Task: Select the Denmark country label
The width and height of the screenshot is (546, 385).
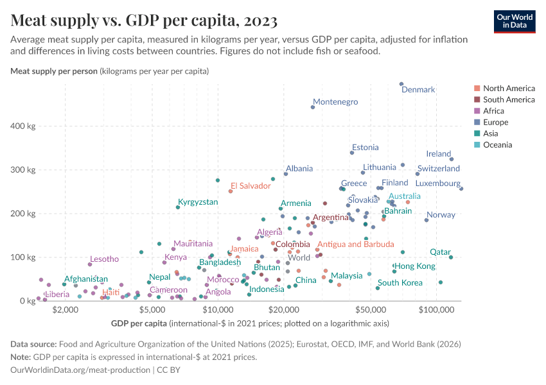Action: coord(418,90)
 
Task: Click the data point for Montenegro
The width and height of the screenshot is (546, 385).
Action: coord(313,107)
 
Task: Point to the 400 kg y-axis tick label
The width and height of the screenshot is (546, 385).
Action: coord(22,126)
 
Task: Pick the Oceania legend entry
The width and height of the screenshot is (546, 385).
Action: coord(497,145)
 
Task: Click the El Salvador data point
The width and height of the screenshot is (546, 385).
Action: coord(231,191)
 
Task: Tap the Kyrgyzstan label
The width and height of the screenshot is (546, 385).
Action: coord(198,202)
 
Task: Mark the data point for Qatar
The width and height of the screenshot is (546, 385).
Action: coord(451,257)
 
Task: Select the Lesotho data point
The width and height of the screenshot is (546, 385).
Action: coord(90,264)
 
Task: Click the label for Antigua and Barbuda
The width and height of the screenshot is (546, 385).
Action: coord(355,244)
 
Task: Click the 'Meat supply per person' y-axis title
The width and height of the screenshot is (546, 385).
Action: coord(54,71)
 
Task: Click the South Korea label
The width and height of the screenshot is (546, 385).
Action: coord(400,283)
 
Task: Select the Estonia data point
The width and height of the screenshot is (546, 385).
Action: coord(352,153)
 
